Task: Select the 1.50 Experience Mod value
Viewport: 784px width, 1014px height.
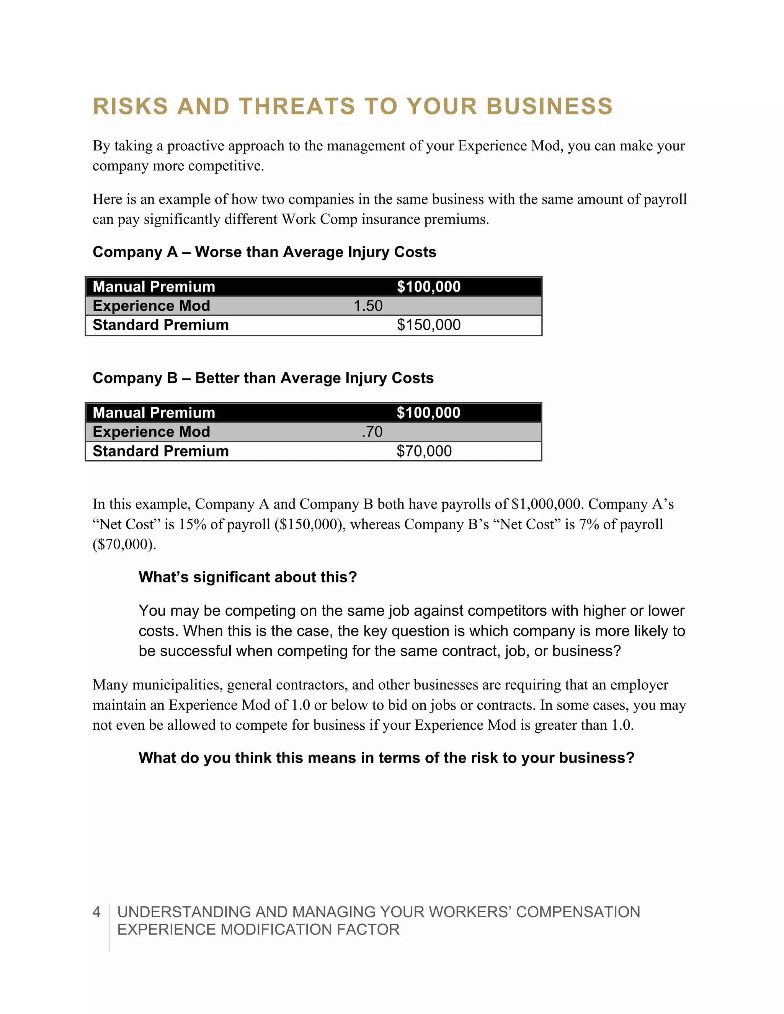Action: pos(368,306)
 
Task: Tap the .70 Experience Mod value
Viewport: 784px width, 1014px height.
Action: pos(372,432)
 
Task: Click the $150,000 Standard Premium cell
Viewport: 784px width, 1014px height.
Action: pos(428,325)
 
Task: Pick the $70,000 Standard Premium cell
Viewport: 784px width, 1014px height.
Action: pos(424,451)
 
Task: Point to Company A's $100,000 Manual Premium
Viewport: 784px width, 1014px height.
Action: pos(428,287)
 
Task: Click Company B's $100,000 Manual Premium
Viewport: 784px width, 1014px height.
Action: pos(428,413)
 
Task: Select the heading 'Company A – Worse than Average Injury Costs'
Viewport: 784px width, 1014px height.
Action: pos(264,252)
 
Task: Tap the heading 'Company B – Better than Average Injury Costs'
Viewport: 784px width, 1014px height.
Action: pos(263,378)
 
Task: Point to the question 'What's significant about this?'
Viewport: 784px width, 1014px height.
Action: pos(248,577)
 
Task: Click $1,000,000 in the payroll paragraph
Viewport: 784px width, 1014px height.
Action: pos(546,504)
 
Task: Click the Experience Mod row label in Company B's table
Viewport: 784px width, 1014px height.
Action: pos(152,432)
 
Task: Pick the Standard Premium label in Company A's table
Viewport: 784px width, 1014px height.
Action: pos(161,325)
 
